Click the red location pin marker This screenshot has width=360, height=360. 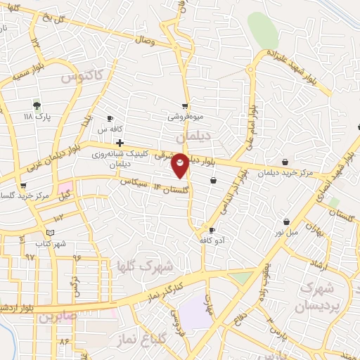181,165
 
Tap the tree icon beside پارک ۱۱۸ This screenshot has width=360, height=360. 37,105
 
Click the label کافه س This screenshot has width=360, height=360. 110,129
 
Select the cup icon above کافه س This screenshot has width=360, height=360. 110,118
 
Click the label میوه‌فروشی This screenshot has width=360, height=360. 185,117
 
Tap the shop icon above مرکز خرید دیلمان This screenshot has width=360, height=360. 285,162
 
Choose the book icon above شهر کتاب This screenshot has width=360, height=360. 49,233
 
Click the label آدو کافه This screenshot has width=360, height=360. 212,240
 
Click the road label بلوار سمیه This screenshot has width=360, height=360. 21,75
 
